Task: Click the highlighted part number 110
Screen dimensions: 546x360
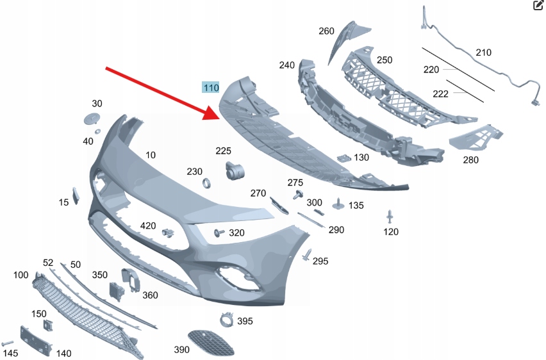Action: pyautogui.click(x=211, y=87)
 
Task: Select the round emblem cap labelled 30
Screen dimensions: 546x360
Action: pyautogui.click(x=92, y=119)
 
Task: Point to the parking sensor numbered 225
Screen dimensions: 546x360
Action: pyautogui.click(x=235, y=170)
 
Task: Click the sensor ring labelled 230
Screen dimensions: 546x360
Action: pyautogui.click(x=206, y=183)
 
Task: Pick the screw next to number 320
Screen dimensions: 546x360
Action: pyautogui.click(x=219, y=233)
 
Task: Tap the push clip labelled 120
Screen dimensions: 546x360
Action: pyautogui.click(x=390, y=217)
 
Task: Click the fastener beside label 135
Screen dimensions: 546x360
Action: pyautogui.click(x=338, y=204)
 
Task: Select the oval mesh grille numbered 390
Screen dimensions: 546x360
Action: pyautogui.click(x=210, y=343)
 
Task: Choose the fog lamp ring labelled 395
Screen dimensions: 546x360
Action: pyautogui.click(x=226, y=320)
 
